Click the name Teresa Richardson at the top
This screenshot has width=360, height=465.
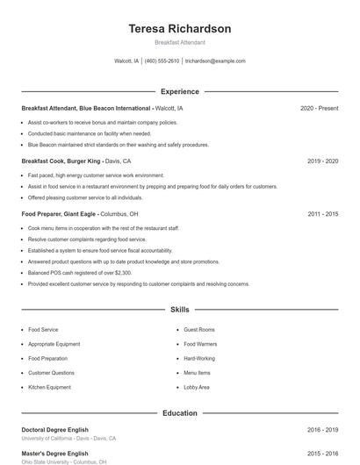click(x=179, y=29)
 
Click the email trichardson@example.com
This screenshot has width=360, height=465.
click(x=215, y=61)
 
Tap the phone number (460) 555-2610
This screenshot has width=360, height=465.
click(x=162, y=61)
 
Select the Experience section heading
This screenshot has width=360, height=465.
click(x=179, y=91)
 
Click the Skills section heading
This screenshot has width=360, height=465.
click(x=179, y=310)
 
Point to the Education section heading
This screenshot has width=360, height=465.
click(x=179, y=412)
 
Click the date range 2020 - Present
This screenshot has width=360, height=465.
click(x=319, y=108)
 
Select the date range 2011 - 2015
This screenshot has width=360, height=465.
click(x=322, y=214)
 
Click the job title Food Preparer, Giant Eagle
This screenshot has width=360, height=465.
click(x=60, y=214)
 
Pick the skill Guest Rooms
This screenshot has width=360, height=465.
click(x=199, y=330)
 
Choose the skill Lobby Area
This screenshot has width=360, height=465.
click(x=197, y=387)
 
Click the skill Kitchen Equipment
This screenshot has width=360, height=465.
click(x=49, y=387)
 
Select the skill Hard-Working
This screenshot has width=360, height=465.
click(x=199, y=359)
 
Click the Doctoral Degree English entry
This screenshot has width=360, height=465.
click(x=54, y=430)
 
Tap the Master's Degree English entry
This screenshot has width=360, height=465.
click(x=54, y=454)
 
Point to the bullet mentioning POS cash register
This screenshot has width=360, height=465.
click(x=79, y=273)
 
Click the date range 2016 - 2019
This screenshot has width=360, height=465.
click(x=322, y=430)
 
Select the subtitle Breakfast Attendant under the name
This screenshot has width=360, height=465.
click(x=179, y=42)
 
